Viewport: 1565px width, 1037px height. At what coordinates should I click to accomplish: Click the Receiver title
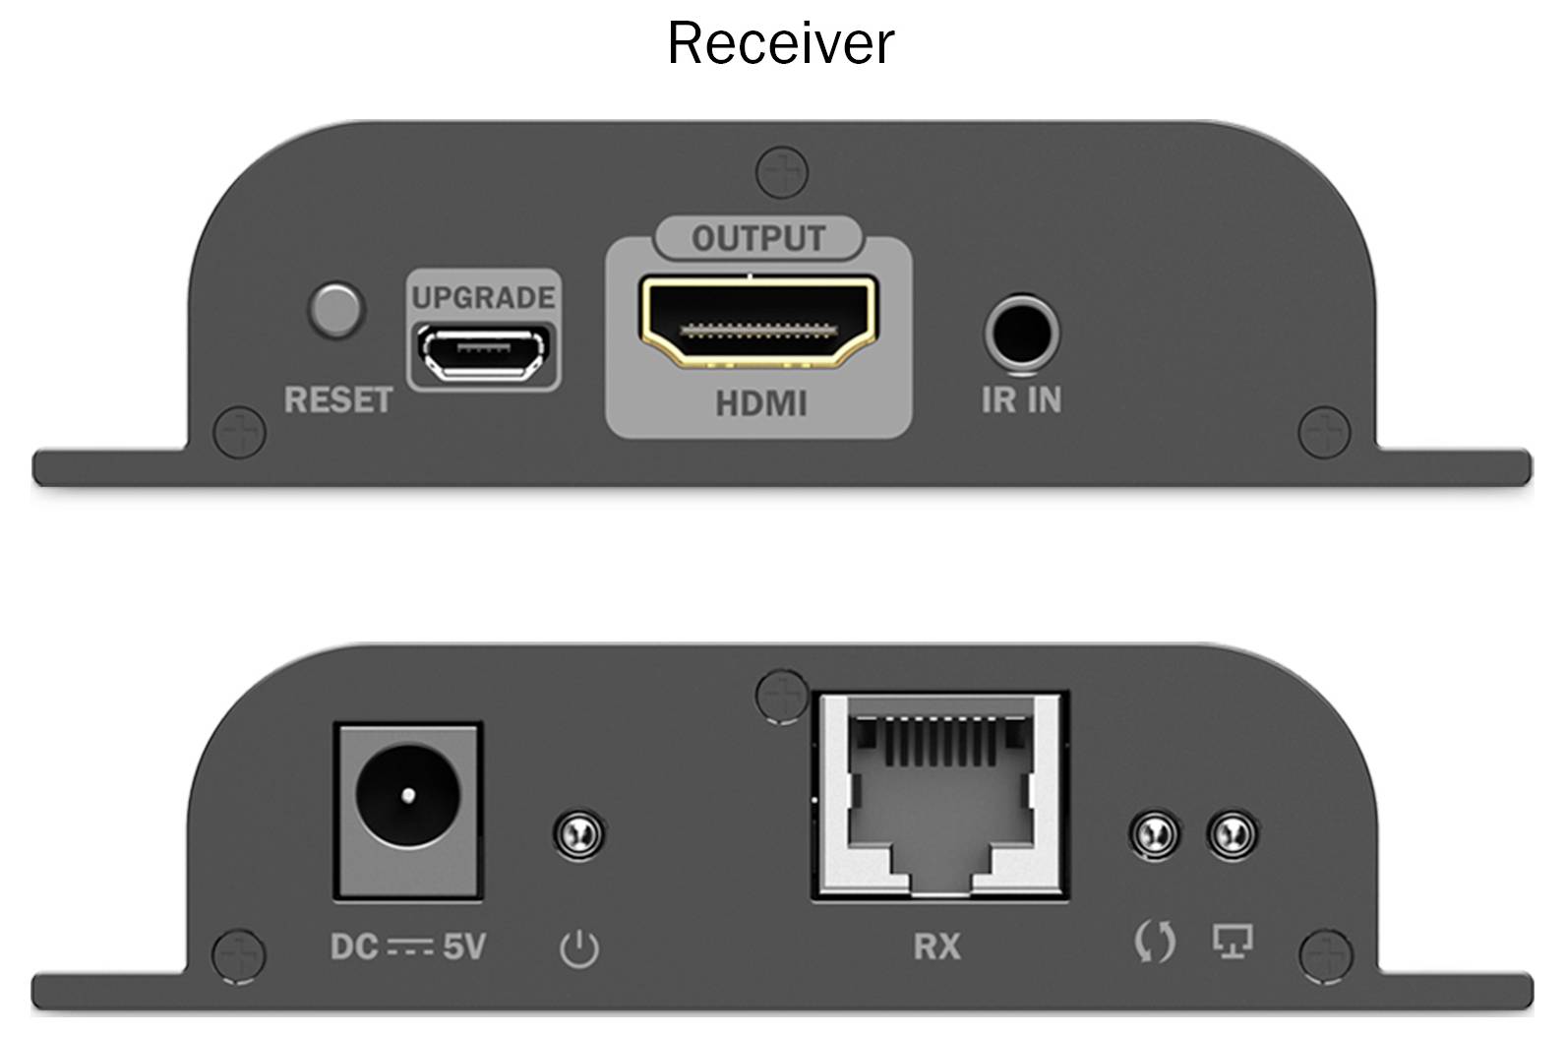(781, 43)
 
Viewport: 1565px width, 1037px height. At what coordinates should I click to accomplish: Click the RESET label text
(337, 399)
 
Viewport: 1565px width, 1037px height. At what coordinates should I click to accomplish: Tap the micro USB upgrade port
(483, 352)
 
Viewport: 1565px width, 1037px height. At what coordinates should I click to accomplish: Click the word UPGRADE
(483, 297)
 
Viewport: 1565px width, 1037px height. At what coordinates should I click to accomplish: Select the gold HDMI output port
(758, 321)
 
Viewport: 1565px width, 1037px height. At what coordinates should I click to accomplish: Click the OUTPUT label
(758, 238)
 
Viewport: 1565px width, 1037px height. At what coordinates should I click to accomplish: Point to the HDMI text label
(760, 403)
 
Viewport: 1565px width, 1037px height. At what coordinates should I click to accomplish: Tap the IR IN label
(1021, 399)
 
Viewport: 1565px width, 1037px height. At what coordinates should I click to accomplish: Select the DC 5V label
(407, 946)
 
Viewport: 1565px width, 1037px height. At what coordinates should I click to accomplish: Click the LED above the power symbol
(579, 835)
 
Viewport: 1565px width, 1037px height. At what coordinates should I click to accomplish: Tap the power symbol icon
(579, 948)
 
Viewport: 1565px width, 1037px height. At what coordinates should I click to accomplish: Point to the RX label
(936, 946)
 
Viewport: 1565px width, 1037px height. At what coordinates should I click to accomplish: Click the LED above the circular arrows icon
(1154, 835)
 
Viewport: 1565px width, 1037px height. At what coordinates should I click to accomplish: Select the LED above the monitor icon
(1233, 835)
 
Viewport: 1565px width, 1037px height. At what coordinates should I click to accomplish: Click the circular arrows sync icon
(1154, 942)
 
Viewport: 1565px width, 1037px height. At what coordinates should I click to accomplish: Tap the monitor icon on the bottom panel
(1233, 941)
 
